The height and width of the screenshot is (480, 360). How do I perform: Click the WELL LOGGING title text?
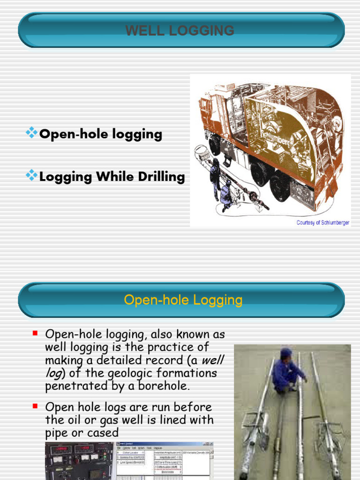pyautogui.click(x=180, y=30)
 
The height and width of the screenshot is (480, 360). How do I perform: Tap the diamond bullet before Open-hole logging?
pyautogui.click(x=31, y=134)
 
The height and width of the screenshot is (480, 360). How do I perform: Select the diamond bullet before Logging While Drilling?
pyautogui.click(x=31, y=176)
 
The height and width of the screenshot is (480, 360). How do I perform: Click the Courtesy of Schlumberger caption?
pyautogui.click(x=322, y=223)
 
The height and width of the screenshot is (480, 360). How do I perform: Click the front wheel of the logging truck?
pyautogui.click(x=215, y=145)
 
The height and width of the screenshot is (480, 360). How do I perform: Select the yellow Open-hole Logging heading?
pyautogui.click(x=183, y=300)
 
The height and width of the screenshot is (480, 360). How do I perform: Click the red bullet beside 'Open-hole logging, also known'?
pyautogui.click(x=35, y=333)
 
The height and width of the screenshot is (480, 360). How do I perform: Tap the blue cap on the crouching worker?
pyautogui.click(x=285, y=352)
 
